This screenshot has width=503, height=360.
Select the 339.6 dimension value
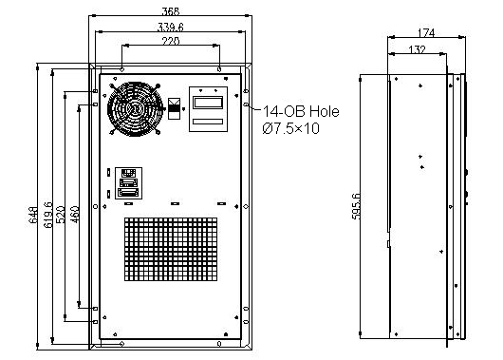(x=171, y=27)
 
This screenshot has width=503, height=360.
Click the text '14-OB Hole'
(x=294, y=112)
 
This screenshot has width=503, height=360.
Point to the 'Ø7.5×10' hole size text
(x=290, y=128)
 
